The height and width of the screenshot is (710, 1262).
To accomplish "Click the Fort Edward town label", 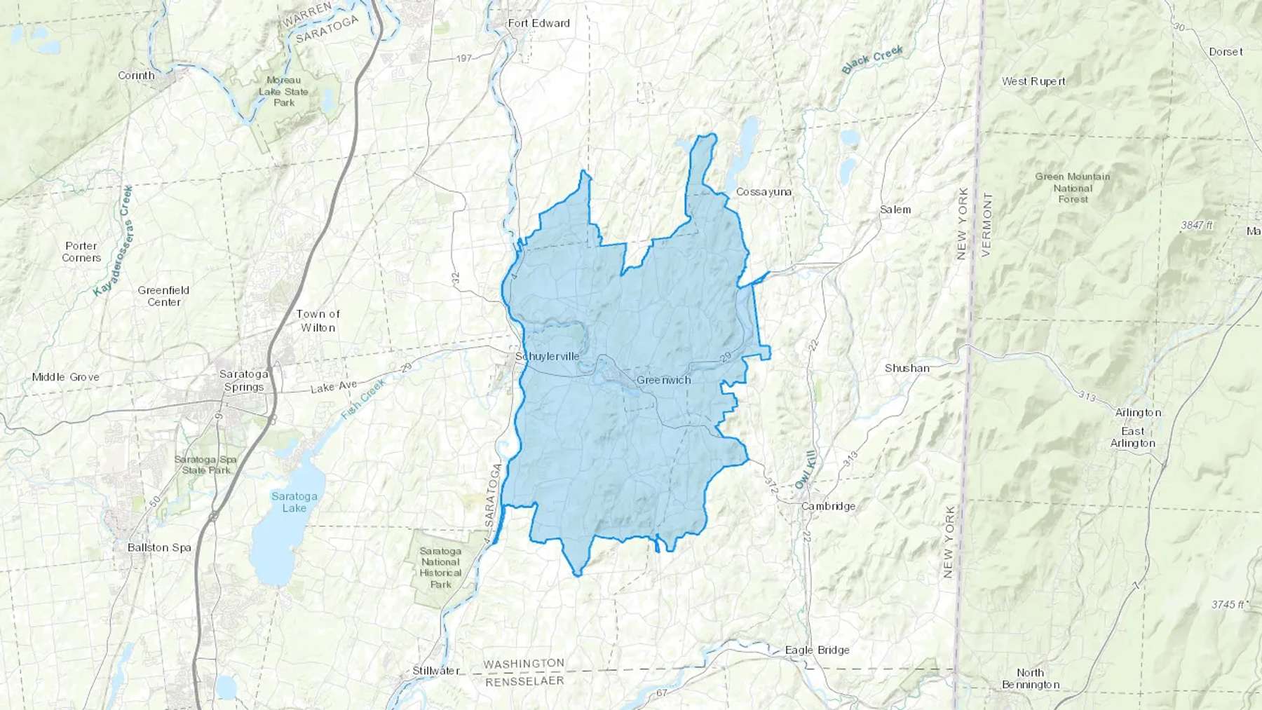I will [538, 23].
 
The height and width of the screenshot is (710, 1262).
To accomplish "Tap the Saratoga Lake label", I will [294, 502].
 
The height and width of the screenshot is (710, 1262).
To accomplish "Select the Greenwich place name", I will [663, 380].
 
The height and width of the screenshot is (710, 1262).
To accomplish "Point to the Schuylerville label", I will [547, 356].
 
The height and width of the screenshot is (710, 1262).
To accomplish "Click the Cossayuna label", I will [764, 191].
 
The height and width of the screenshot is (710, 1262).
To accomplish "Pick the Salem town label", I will [895, 210].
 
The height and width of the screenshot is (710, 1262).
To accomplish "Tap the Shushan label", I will [907, 368].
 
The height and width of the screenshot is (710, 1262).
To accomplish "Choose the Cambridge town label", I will [828, 506].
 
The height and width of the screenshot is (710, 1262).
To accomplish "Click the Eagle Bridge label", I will [817, 650].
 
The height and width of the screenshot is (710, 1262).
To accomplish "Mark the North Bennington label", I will [1030, 678].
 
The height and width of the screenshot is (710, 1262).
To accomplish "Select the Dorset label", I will [1226, 52].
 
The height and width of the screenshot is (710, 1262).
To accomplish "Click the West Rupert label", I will [1033, 81].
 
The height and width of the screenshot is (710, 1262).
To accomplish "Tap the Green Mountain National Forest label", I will [1072, 188].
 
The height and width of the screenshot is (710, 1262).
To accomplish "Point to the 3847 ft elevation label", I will [1196, 225].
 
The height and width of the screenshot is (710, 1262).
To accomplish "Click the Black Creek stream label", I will [872, 60].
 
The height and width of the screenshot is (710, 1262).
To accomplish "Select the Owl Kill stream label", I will [806, 470].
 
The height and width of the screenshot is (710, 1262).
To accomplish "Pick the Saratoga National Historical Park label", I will [440, 568].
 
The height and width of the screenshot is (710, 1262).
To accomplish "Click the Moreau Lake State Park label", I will [283, 92].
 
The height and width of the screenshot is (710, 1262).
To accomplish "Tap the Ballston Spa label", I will [159, 547].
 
